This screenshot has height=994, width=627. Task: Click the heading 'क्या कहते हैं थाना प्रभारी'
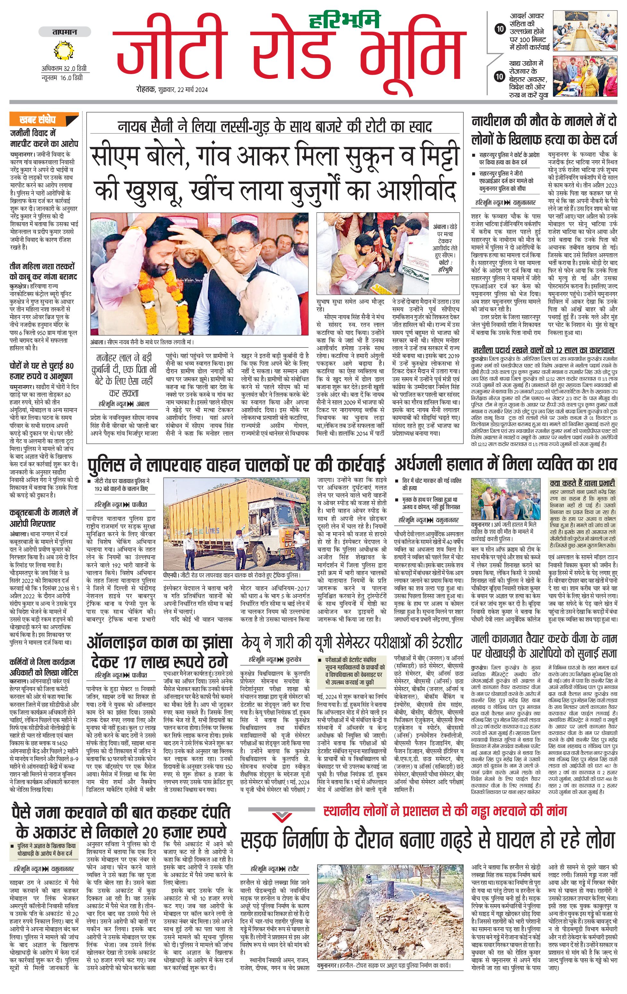pos(582,483)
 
